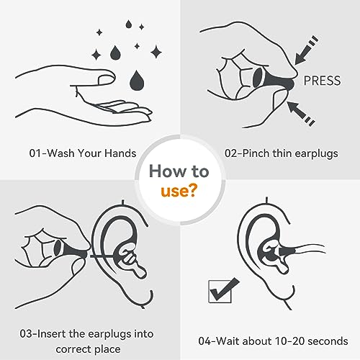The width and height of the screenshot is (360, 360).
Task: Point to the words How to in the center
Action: click(179, 171)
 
